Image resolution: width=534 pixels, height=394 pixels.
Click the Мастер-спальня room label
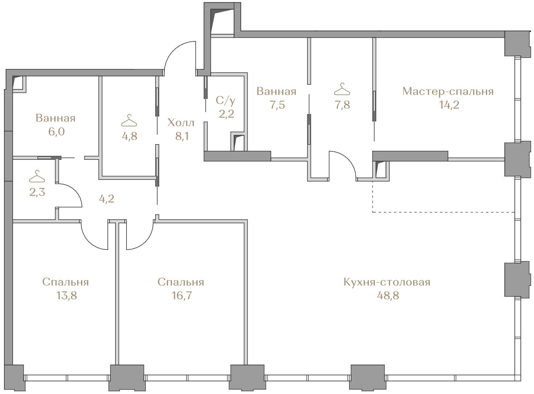pos(448,91)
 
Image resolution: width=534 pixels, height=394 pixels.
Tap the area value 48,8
pos(388,295)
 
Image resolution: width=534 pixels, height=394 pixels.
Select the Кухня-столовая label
pos(387,282)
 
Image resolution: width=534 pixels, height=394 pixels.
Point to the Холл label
pos(181,123)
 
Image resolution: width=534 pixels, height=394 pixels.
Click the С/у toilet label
pos(225,101)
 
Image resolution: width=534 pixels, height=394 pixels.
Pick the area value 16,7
pos(182,295)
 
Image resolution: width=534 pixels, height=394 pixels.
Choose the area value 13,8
pos(66,295)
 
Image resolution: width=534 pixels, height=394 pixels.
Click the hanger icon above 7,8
pos(342,89)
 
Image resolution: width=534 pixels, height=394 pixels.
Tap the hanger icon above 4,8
pos(129,120)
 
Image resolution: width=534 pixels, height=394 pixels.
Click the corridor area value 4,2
pos(106,199)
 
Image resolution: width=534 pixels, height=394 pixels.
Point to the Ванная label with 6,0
pos(56,118)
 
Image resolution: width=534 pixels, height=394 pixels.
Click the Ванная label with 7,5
pos(276,91)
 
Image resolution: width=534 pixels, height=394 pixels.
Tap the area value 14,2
pos(449,105)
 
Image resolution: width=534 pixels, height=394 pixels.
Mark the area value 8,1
pos(182,136)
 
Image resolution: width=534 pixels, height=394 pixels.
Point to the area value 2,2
pos(226,114)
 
